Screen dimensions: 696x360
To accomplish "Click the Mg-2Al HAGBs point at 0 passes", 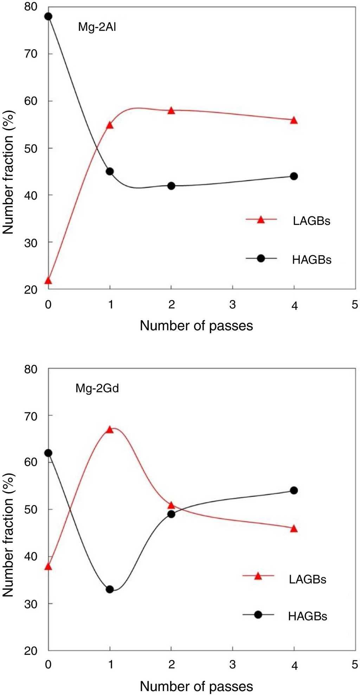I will pos(48,17).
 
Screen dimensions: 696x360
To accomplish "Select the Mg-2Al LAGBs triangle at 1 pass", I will pos(110,125).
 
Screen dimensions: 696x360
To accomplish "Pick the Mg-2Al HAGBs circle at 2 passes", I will pos(171,186).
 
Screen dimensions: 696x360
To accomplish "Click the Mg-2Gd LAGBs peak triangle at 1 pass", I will pos(110,430).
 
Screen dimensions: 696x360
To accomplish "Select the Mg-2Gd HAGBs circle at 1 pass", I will pos(110,589).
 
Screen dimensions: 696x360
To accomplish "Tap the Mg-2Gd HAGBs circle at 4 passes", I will pos(294,490).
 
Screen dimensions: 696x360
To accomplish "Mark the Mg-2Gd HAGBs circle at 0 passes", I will pos(48,453).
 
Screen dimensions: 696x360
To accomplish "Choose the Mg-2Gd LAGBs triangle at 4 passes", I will pos(294,529).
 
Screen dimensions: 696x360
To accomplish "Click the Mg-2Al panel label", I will pos(97,27).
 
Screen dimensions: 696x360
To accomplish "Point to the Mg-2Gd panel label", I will pos(97,388).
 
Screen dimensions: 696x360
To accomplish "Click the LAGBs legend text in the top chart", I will pos(311,221).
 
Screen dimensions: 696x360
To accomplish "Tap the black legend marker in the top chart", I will pos(261,258).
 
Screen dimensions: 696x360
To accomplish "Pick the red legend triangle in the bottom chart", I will pos(258,576).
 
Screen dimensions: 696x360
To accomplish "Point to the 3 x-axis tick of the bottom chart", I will pos(232,665).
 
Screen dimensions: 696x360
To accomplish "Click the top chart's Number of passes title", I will pos(196,326).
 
